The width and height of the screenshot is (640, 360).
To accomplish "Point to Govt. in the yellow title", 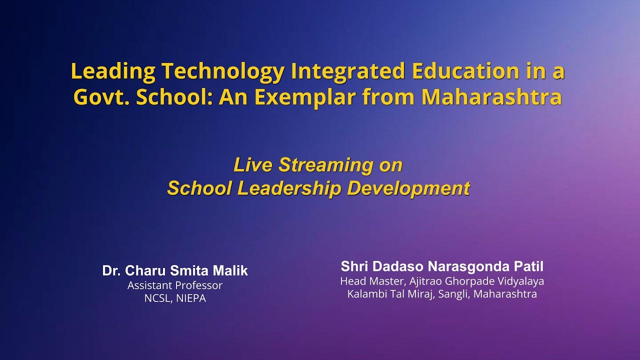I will [x=101, y=97].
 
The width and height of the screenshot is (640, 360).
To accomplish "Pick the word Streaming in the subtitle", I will [x=326, y=165].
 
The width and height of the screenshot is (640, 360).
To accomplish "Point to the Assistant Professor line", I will [x=174, y=285].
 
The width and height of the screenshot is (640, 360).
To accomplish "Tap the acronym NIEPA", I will [x=190, y=298].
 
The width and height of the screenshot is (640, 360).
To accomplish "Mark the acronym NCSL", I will [x=157, y=298].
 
